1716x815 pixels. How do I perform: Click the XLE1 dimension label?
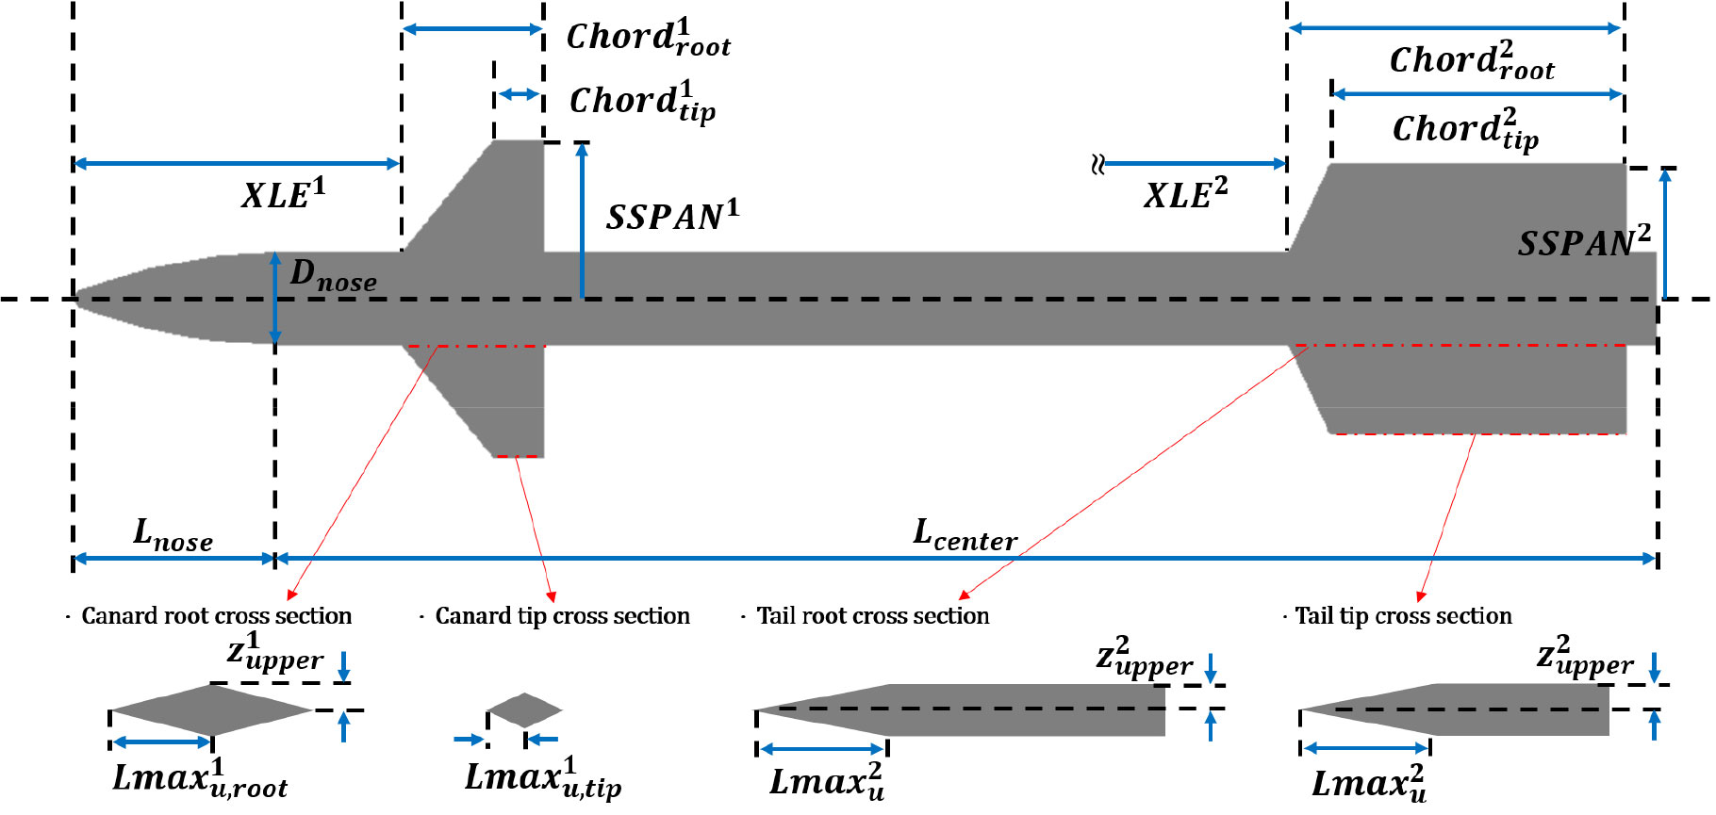click(283, 194)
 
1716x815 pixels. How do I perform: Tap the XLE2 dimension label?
click(1185, 194)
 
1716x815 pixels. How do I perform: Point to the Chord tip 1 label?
click(642, 103)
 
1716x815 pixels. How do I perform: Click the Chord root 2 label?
click(1471, 62)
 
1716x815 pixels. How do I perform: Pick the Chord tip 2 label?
click(1465, 130)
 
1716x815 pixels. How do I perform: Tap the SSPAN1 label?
click(672, 217)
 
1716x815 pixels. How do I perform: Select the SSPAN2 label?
click(1583, 243)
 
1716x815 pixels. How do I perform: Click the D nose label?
click(332, 275)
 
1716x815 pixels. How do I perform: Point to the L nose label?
click(173, 535)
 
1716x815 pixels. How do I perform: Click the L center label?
click(965, 535)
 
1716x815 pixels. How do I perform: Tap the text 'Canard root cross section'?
click(216, 616)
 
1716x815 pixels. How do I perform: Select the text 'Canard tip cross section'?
click(562, 616)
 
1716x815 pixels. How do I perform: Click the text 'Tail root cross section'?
click(873, 616)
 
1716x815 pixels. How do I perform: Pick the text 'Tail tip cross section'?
click(1403, 616)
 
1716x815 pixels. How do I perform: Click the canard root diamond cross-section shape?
click(212, 709)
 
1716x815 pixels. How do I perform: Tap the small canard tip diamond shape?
click(524, 709)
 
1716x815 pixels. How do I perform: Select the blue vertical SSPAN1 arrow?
click(583, 220)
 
